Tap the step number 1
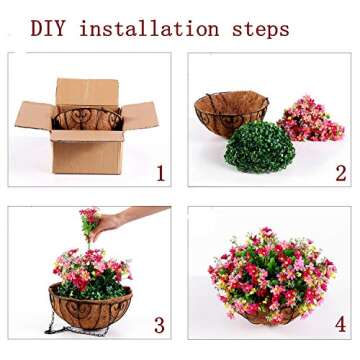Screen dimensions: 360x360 [160, 173]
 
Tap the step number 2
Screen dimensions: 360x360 [340, 173]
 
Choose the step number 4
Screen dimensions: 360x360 [340, 324]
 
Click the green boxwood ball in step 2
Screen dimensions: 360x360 [259, 147]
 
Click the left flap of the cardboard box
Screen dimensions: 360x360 [34, 114]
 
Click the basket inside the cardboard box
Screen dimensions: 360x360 [88, 119]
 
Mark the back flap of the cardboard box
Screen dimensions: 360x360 [87, 91]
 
